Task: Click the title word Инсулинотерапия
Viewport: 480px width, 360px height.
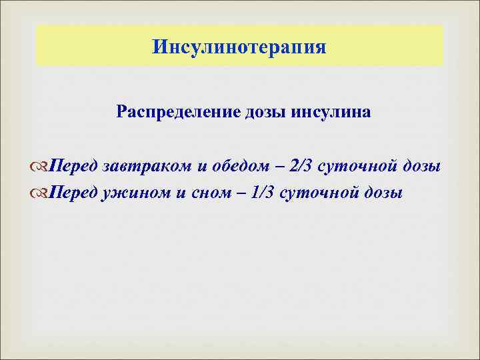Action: pyautogui.click(x=239, y=47)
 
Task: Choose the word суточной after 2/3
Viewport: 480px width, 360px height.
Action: pyautogui.click(x=358, y=165)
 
